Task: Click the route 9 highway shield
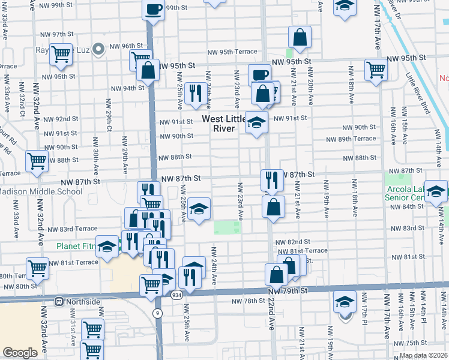[157, 313]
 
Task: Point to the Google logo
[20, 353]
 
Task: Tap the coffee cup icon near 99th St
[153, 10]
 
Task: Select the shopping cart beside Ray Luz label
[61, 55]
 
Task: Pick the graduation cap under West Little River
[256, 122]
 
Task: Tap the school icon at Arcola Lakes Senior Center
[436, 191]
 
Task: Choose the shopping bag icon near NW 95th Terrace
[300, 37]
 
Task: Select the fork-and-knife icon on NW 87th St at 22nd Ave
[271, 179]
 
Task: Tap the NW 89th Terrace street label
[351, 139]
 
